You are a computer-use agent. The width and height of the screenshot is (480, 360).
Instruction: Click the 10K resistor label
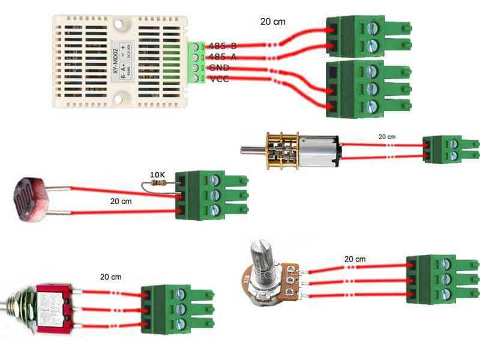tap(157, 175)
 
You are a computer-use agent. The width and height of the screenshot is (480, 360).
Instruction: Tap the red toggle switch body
tap(53, 308)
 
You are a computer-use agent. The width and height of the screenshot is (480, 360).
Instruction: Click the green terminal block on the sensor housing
tap(195, 62)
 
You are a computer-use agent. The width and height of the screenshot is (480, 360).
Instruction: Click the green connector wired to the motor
tap(450, 150)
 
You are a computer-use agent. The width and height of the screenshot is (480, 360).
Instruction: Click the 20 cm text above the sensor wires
tap(272, 22)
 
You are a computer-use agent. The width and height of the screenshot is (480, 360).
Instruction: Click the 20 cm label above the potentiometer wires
tap(355, 259)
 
